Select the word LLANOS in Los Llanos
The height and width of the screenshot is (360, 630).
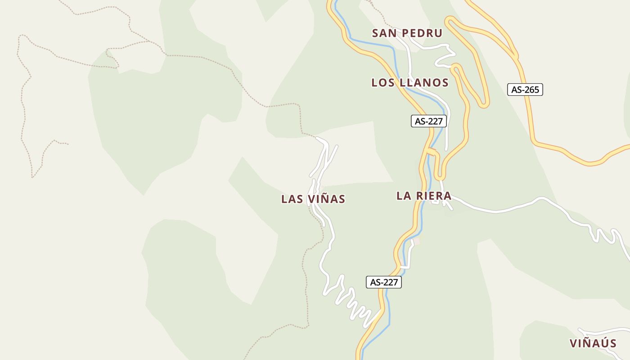coord(424,83)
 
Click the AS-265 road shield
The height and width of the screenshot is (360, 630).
coord(525,90)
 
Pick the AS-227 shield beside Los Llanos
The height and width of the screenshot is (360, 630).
coord(429,121)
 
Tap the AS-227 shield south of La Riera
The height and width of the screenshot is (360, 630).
coord(383,282)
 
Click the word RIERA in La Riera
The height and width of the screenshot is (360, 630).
coord(434,196)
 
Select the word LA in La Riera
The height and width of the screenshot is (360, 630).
coord(403,196)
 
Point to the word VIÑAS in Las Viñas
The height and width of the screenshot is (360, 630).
coord(327,199)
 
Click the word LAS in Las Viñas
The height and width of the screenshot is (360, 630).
coord(291,199)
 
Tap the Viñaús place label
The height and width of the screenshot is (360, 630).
coord(593,343)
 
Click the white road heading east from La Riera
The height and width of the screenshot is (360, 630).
coord(495,211)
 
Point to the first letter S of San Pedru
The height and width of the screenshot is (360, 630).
coord(376,33)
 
